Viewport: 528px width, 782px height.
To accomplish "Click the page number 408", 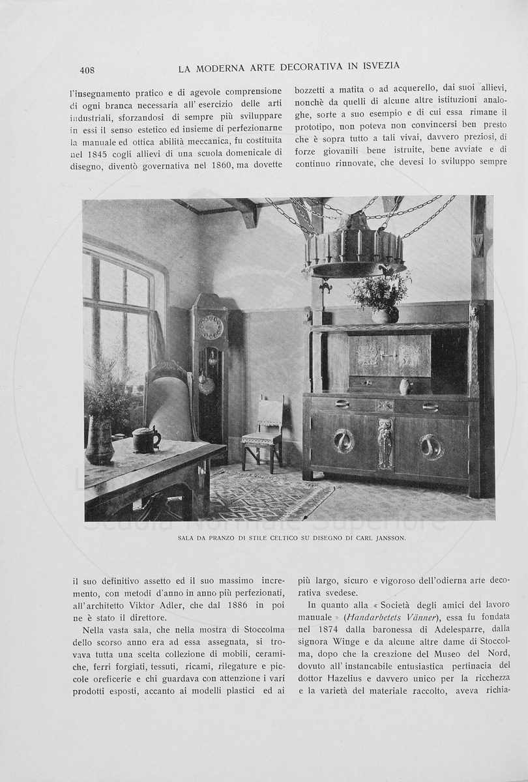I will pyautogui.click(x=87, y=70).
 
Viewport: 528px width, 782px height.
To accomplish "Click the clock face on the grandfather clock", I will pyautogui.click(x=211, y=326).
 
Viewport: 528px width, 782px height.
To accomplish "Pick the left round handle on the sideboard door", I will pyautogui.click(x=343, y=441).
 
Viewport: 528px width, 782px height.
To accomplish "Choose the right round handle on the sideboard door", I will pyautogui.click(x=430, y=447).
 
